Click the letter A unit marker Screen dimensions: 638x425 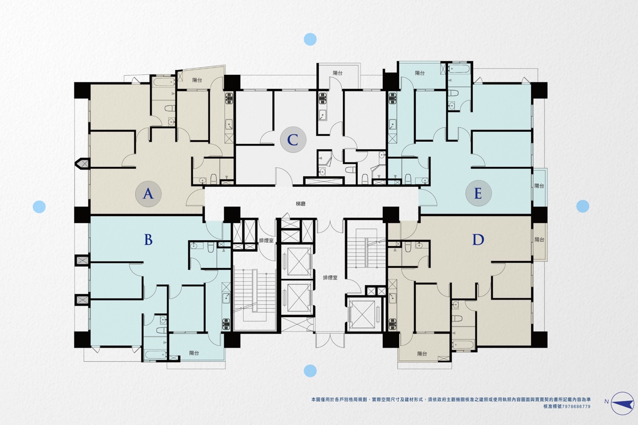pyautogui.click(x=148, y=194)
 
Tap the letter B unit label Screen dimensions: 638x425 pyautogui.click(x=148, y=240)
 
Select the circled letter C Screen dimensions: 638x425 pyautogui.click(x=293, y=140)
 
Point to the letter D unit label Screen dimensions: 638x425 pyautogui.click(x=478, y=240)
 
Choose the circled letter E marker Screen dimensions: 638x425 pyautogui.click(x=478, y=193)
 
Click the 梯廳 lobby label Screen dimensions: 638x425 pyautogui.click(x=301, y=204)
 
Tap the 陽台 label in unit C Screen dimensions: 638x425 pyautogui.click(x=338, y=73)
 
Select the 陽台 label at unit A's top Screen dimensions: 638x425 pyautogui.click(x=197, y=80)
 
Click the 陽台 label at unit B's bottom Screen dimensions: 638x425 pyautogui.click(x=194, y=353)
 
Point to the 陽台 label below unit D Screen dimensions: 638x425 pyautogui.click(x=422, y=354)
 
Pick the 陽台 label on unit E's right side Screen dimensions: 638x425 pyautogui.click(x=539, y=186)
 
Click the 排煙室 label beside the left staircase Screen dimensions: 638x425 pyautogui.click(x=266, y=241)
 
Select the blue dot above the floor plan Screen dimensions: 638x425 pyautogui.click(x=310, y=39)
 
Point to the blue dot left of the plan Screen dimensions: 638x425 pyautogui.click(x=39, y=207)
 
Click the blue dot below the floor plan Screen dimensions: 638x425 pyautogui.click(x=310, y=371)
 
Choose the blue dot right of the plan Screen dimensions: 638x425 pyautogui.click(x=583, y=206)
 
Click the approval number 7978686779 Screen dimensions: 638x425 pyautogui.click(x=573, y=406)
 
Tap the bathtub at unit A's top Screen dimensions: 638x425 pyautogui.click(x=164, y=82)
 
